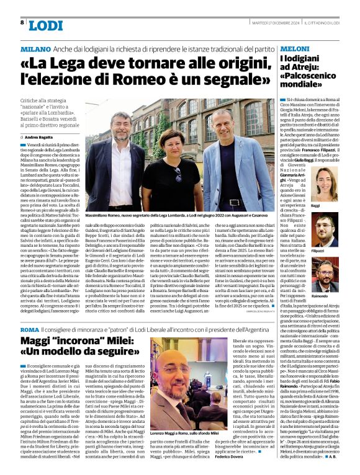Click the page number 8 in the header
click(22, 22)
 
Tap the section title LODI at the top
click(45, 25)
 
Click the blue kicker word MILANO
click(35, 48)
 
